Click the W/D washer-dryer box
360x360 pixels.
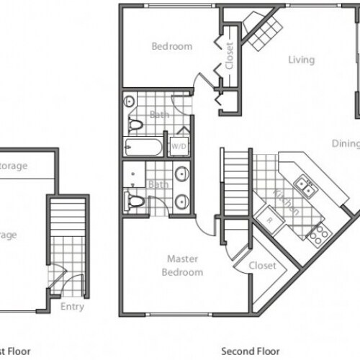point(176,145)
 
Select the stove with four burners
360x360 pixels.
point(318,232)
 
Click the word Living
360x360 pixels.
point(301,60)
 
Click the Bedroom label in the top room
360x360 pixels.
point(172,47)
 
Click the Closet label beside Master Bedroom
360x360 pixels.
point(263,266)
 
